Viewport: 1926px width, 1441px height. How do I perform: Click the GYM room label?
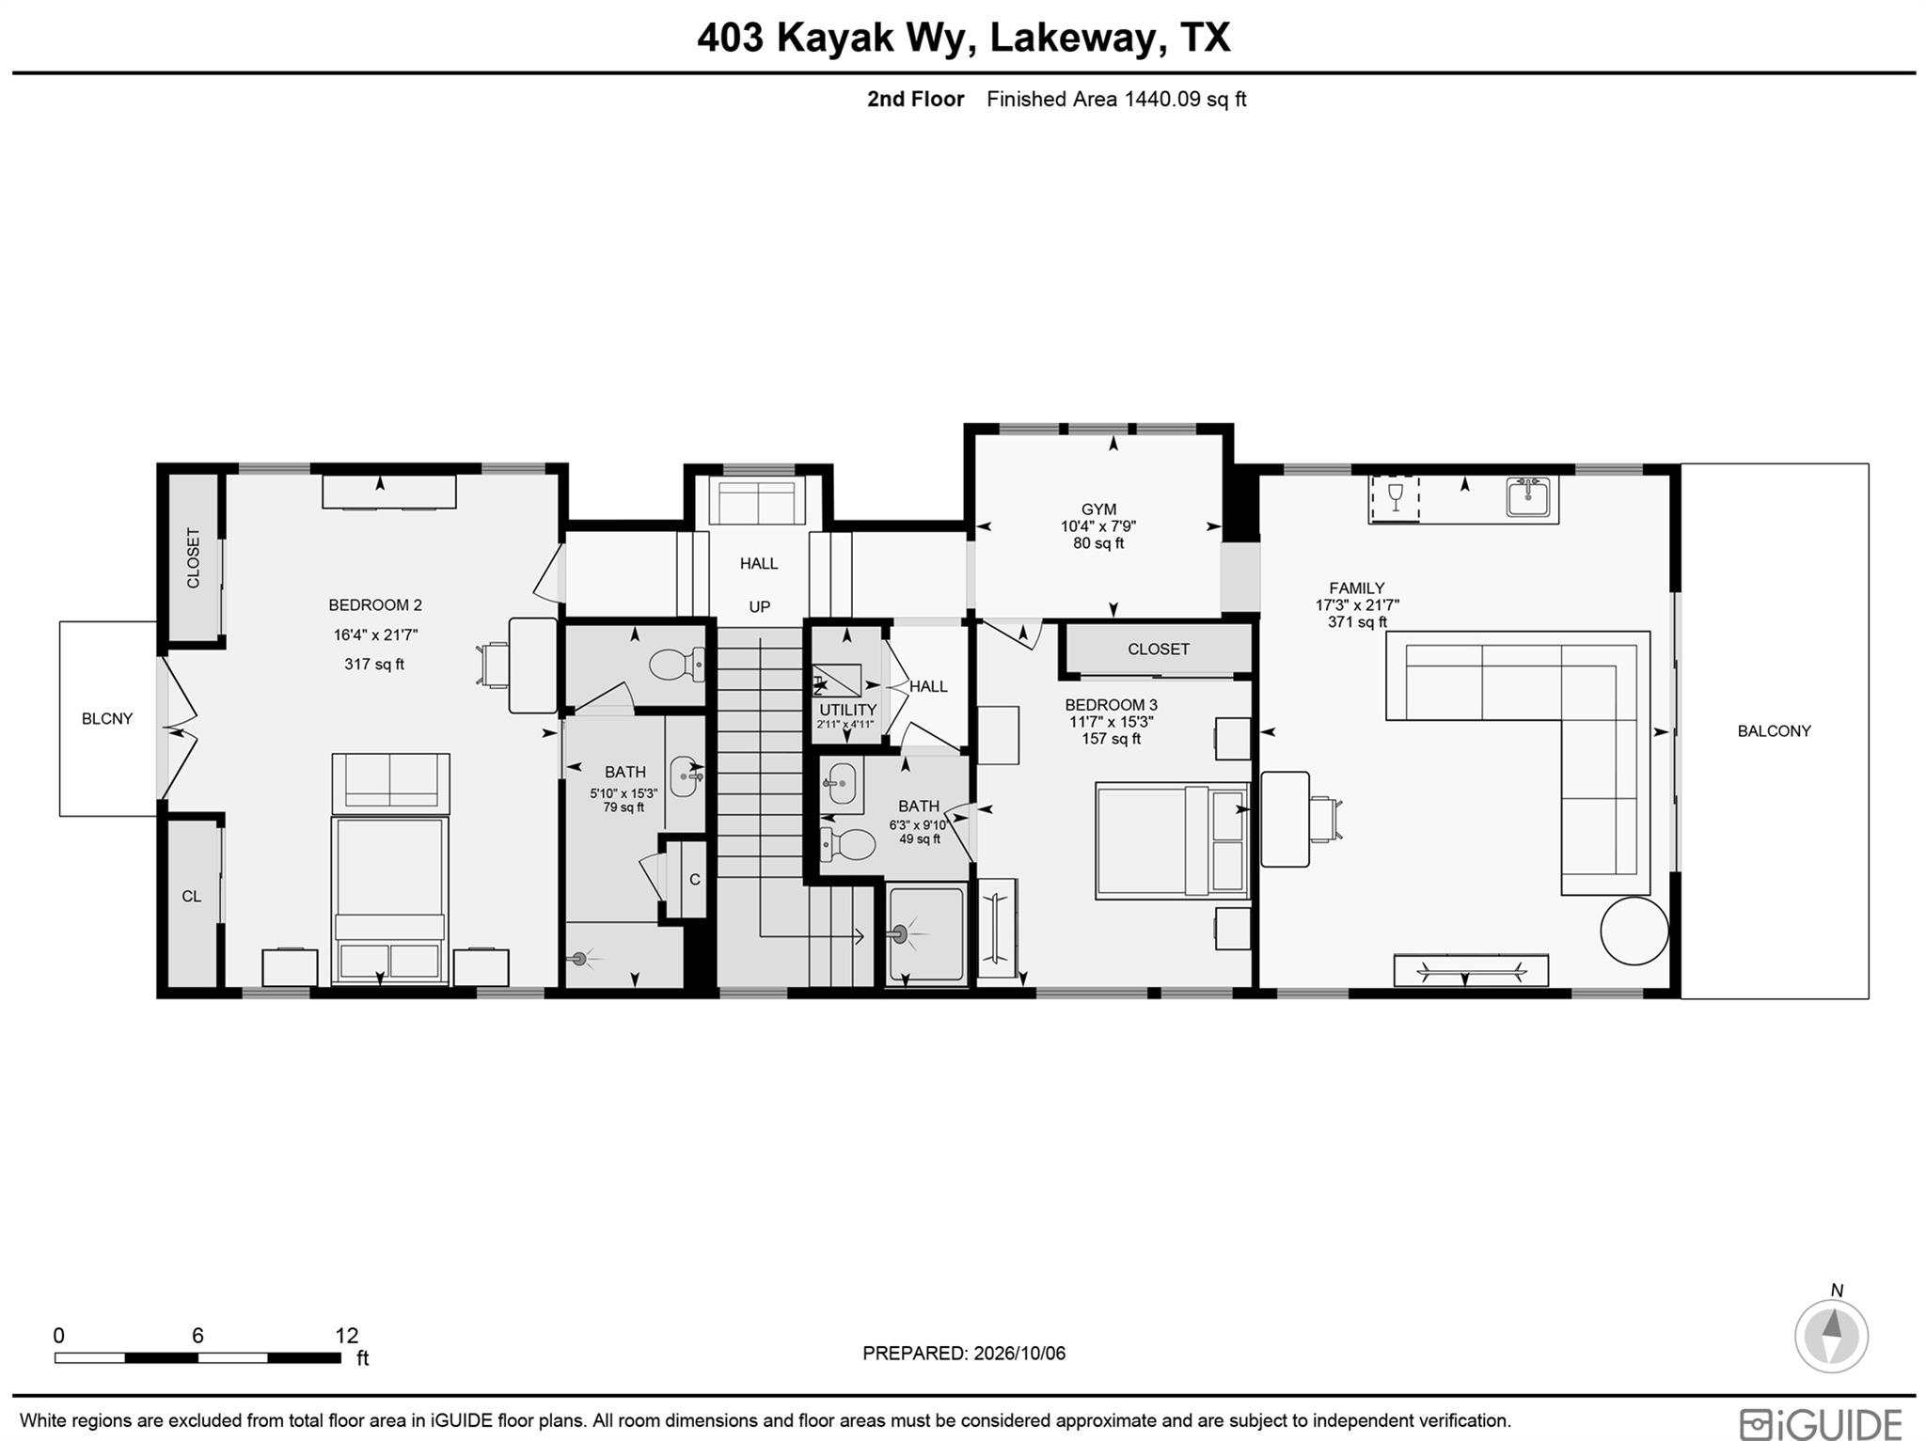click(x=1097, y=510)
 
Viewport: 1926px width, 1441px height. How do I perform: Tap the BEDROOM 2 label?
click(x=375, y=605)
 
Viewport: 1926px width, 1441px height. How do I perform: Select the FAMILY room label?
click(x=1356, y=588)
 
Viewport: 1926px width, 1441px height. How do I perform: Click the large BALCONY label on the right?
click(x=1774, y=731)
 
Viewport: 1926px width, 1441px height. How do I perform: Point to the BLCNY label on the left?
click(x=107, y=719)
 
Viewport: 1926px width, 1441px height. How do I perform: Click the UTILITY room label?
click(x=847, y=710)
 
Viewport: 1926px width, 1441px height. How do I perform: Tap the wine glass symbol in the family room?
click(x=1395, y=496)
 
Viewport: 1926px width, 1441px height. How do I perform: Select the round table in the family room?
click(x=1634, y=931)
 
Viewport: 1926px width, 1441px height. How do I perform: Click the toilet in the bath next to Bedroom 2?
click(x=677, y=665)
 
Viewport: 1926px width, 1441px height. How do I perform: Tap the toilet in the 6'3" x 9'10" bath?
click(x=847, y=844)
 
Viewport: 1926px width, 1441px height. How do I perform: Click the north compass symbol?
click(x=1831, y=1336)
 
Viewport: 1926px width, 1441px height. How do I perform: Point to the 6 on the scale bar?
click(x=197, y=1336)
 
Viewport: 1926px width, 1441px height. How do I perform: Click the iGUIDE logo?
click(x=1821, y=1422)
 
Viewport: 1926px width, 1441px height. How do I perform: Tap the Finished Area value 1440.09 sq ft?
click(x=1185, y=100)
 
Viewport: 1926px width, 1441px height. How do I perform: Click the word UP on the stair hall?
click(x=760, y=607)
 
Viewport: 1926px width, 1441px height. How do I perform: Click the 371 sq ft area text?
click(x=1357, y=622)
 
